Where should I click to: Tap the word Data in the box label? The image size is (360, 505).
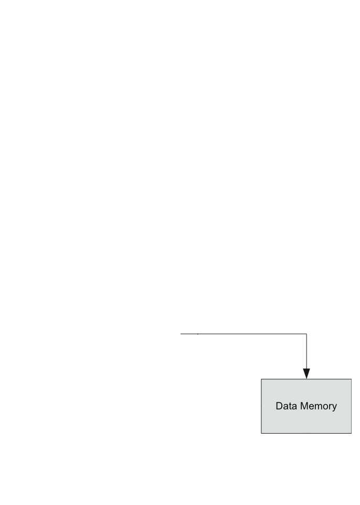[x=285, y=406]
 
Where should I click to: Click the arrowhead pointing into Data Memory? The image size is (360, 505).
[x=306, y=373]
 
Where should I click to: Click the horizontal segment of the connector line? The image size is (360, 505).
[x=241, y=334]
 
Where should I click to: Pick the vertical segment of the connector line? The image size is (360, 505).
[x=306, y=351]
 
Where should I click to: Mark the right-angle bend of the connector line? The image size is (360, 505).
[x=306, y=334]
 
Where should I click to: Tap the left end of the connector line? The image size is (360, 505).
[x=182, y=334]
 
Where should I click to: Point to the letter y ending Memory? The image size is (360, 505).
[x=334, y=407]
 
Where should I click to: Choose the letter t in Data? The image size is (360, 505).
[x=289, y=406]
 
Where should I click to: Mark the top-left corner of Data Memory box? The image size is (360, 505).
[x=262, y=379]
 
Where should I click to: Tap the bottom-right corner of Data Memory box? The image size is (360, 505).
[x=351, y=433]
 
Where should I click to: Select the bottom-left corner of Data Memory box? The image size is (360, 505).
[x=262, y=433]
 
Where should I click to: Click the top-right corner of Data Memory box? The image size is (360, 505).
[x=351, y=379]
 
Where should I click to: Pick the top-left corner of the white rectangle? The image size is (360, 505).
[x=269, y=330]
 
